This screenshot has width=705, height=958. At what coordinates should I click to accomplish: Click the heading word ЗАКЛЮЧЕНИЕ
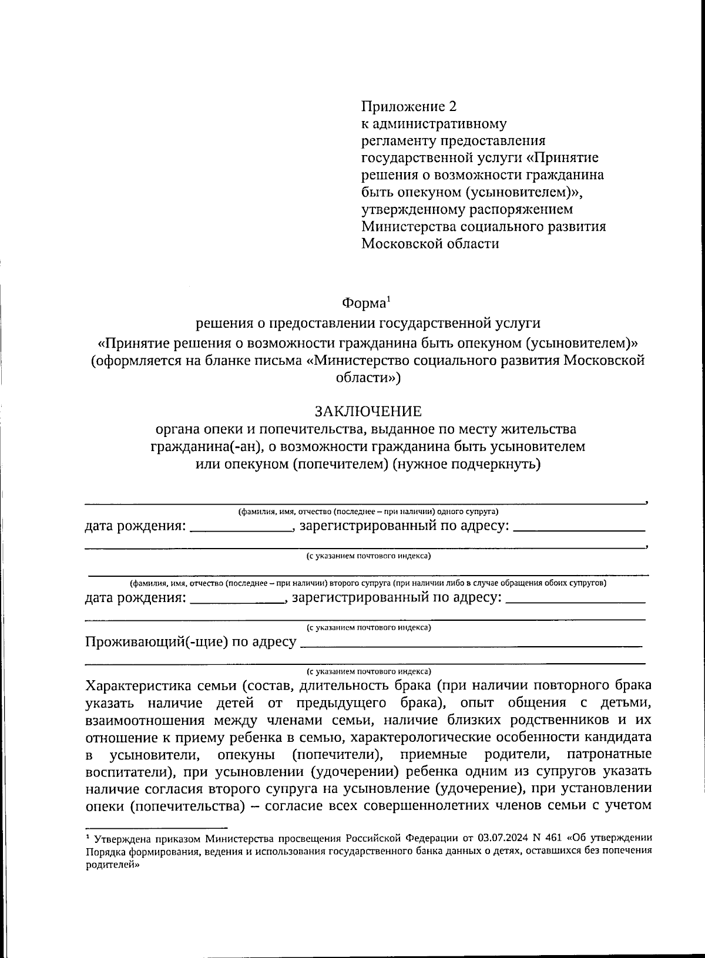coord(368,411)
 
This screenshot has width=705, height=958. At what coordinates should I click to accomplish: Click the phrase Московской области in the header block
coord(430,243)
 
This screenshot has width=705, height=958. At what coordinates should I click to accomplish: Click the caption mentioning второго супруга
coord(368,583)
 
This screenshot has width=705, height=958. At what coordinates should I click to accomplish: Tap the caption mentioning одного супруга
coord(368,511)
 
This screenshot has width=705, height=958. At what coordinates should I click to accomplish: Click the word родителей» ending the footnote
coord(112,860)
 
